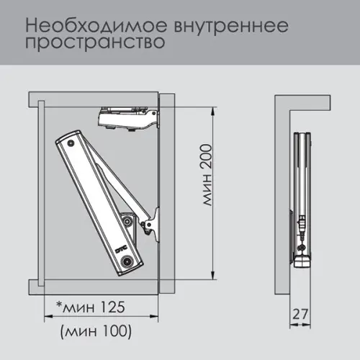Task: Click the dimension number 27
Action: pos(301,315)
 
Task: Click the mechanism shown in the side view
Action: pos(303,202)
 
